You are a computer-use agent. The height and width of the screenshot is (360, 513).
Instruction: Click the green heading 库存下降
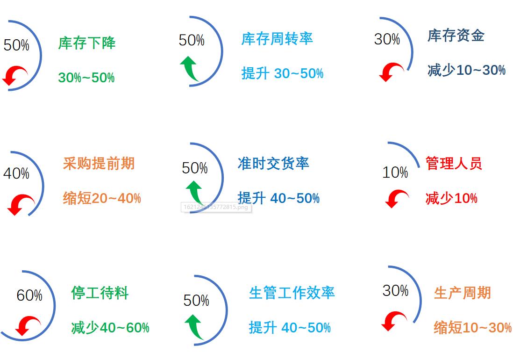tap(86, 43)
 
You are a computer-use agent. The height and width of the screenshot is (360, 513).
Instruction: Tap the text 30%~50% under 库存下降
tap(86, 78)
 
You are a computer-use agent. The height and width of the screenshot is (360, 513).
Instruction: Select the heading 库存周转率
tap(277, 39)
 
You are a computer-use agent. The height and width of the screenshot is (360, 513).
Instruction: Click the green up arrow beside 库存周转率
tap(189, 69)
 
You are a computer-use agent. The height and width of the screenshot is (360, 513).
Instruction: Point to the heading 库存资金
tap(456, 36)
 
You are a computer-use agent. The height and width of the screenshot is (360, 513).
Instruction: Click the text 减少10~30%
tap(466, 70)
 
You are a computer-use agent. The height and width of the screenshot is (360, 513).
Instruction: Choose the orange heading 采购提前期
tap(99, 164)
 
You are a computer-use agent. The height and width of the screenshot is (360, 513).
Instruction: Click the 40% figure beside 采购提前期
tap(16, 173)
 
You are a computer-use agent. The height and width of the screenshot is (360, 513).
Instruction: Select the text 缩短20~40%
tap(102, 198)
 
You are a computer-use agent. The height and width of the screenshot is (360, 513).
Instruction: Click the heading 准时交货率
tap(273, 164)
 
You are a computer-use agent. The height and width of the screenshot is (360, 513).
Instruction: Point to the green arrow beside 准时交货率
tap(195, 192)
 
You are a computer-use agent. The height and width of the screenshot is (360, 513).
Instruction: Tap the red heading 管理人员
tap(453, 164)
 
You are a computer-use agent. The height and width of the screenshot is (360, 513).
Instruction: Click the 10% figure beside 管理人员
tap(395, 173)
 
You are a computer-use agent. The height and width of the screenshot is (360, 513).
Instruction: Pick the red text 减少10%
tap(451, 198)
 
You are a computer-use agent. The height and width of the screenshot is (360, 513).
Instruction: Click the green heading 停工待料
tap(100, 293)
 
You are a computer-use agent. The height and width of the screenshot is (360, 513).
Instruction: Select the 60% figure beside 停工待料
tap(29, 295)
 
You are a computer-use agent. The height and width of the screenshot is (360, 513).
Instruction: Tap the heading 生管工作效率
tap(292, 293)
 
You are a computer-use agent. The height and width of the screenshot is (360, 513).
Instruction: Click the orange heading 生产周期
tap(462, 293)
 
